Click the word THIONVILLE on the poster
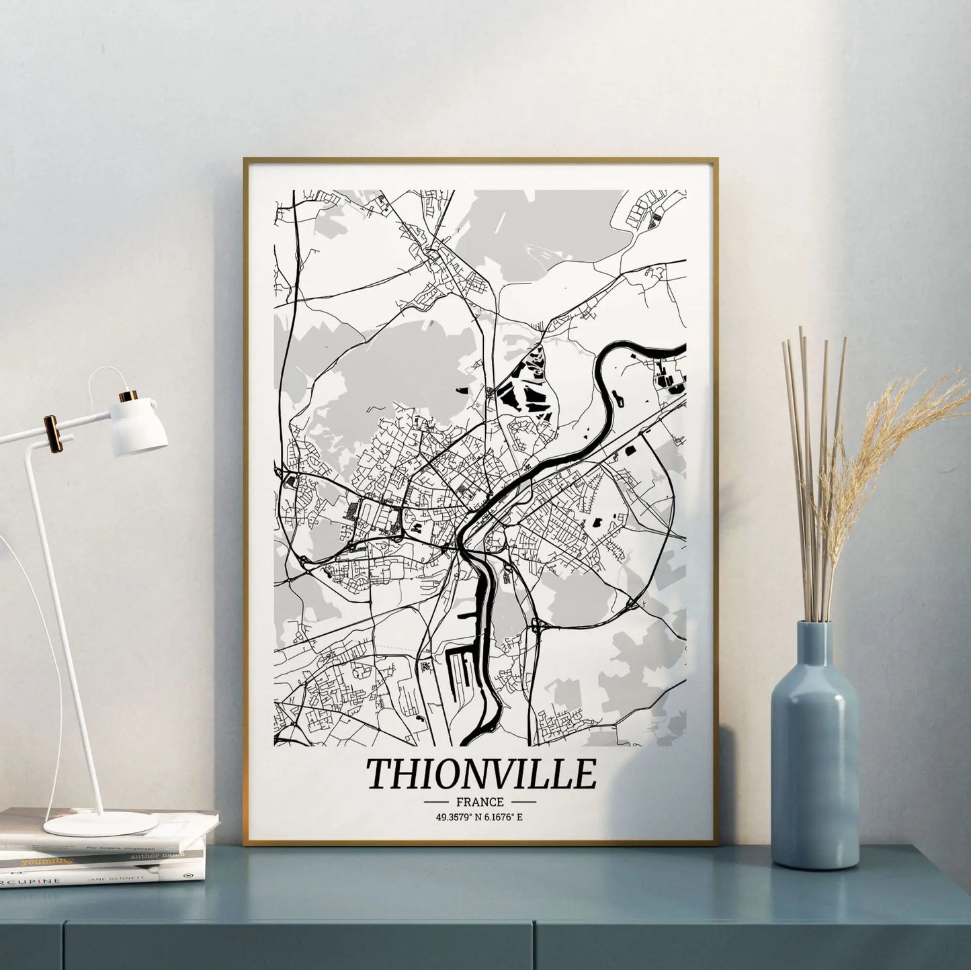(481, 775)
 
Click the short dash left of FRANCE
(437, 802)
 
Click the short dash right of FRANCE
(523, 802)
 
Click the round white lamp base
(101, 823)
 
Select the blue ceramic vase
(815, 759)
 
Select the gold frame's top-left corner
(246, 161)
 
